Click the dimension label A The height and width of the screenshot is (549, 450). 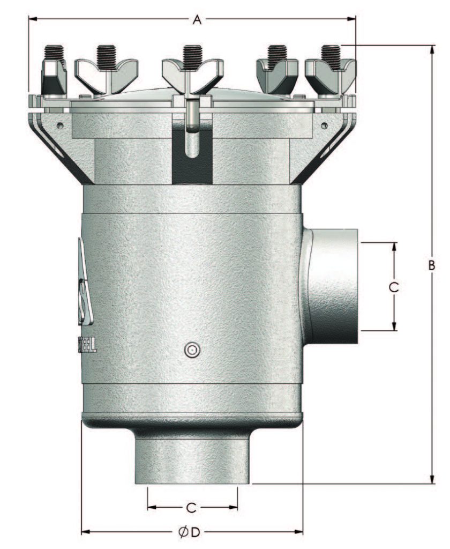pyautogui.click(x=197, y=20)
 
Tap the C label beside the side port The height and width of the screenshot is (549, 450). pyautogui.click(x=394, y=286)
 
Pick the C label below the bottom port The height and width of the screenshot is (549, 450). pyautogui.click(x=191, y=507)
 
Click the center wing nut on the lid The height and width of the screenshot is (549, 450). pyautogui.click(x=192, y=70)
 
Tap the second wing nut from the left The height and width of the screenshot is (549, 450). pyautogui.click(x=106, y=70)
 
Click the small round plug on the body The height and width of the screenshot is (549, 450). pyautogui.click(x=191, y=350)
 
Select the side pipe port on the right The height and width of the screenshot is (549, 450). pyautogui.click(x=332, y=286)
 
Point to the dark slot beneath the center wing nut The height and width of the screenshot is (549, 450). pyautogui.click(x=191, y=155)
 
